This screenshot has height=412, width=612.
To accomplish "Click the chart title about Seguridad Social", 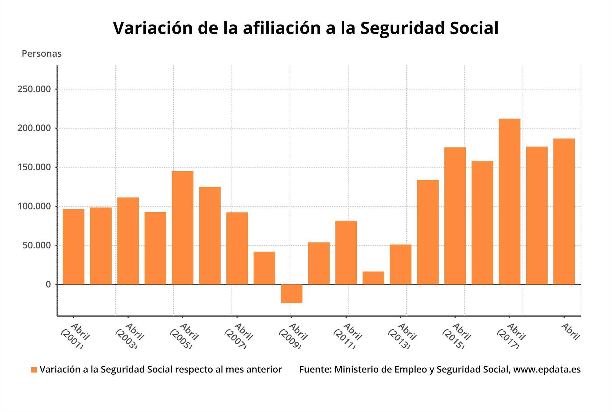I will point(306,28).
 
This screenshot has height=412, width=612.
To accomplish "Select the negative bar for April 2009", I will point(291,294).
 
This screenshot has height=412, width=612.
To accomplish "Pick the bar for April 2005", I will point(182,228).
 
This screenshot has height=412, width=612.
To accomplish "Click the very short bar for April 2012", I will point(373,278).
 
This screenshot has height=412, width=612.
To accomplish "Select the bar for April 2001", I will point(74,247).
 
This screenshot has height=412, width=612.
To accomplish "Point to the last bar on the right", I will point(564,211).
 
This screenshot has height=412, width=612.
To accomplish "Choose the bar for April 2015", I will point(455,216).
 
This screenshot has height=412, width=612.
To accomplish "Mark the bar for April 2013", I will point(400,264).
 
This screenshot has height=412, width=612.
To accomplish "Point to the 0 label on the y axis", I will point(48,284).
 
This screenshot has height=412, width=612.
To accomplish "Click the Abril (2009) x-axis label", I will point(293,336).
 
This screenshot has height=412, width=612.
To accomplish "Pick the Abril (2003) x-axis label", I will point(129,336).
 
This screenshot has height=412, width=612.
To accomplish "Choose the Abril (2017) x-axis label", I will point(511,336).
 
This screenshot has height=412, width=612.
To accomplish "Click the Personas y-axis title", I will point(41,54).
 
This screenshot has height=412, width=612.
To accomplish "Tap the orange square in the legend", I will point(34,370).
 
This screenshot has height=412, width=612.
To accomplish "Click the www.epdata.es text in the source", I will point(547,370).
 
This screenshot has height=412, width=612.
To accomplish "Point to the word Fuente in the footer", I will point(314,370).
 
